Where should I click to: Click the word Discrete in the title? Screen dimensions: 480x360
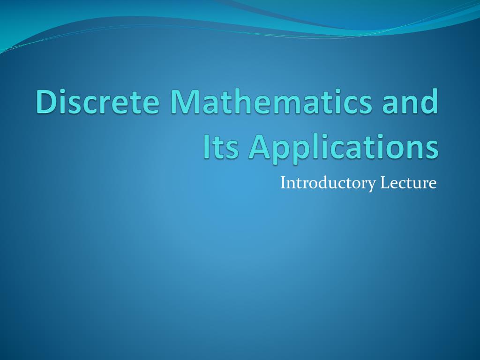click(97, 101)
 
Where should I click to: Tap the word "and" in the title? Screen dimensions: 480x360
click(410, 101)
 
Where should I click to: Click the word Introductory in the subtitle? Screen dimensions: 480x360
click(328, 183)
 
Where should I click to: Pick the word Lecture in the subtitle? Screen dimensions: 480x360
click(408, 183)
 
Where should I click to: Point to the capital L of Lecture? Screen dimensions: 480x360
click(385, 183)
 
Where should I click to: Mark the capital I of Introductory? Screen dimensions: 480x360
click(283, 183)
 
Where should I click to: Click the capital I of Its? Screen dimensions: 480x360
click(206, 147)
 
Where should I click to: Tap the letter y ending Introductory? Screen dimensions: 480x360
click(371, 186)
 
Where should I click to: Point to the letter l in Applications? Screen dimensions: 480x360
click(314, 146)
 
